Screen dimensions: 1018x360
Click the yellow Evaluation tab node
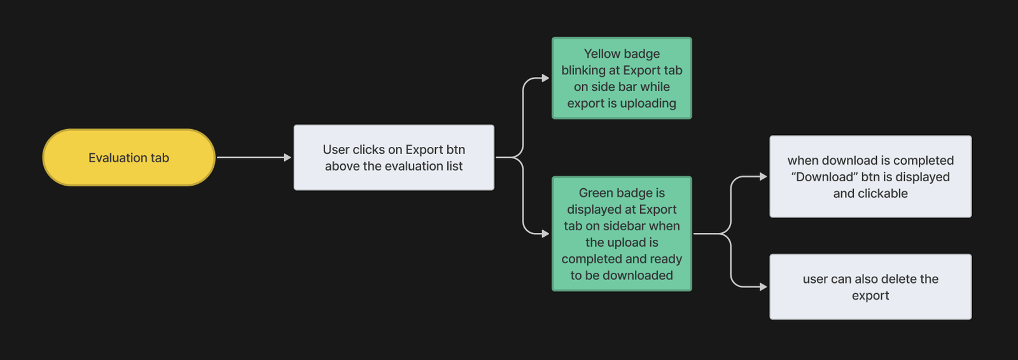[129, 158]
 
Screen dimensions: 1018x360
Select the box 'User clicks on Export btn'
[394, 158]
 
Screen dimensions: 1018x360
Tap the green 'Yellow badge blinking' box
[622, 78]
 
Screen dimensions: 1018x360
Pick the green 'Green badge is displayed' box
[622, 233]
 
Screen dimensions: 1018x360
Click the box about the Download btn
[870, 176]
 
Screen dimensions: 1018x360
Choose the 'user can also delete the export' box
[870, 287]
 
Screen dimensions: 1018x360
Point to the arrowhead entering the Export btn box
[287, 158]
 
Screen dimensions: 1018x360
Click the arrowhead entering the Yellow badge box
[545, 78]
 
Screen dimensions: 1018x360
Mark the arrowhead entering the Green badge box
[545, 233]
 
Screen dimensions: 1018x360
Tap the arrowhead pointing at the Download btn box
[763, 176]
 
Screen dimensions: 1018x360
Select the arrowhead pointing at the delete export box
[763, 287]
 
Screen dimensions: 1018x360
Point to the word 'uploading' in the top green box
[648, 104]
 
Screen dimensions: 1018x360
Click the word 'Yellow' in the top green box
[599, 53]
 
